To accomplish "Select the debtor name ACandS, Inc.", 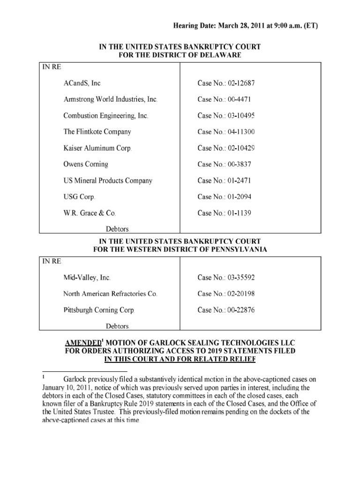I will (x=82, y=83).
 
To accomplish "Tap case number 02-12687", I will (x=227, y=83).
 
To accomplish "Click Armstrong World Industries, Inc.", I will (x=111, y=99).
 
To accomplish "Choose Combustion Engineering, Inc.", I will (x=107, y=116).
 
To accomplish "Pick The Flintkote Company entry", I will (x=97, y=132).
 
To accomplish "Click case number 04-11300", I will (x=227, y=132).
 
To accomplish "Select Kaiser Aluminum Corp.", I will (x=97, y=148).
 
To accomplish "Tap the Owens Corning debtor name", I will (x=86, y=165).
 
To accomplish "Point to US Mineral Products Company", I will (x=108, y=180).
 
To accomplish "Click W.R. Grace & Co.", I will (x=90, y=213).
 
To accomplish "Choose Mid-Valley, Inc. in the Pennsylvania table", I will (x=87, y=277).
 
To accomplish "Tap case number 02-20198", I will (x=227, y=294).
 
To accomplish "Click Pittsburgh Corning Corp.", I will (x=99, y=310).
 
